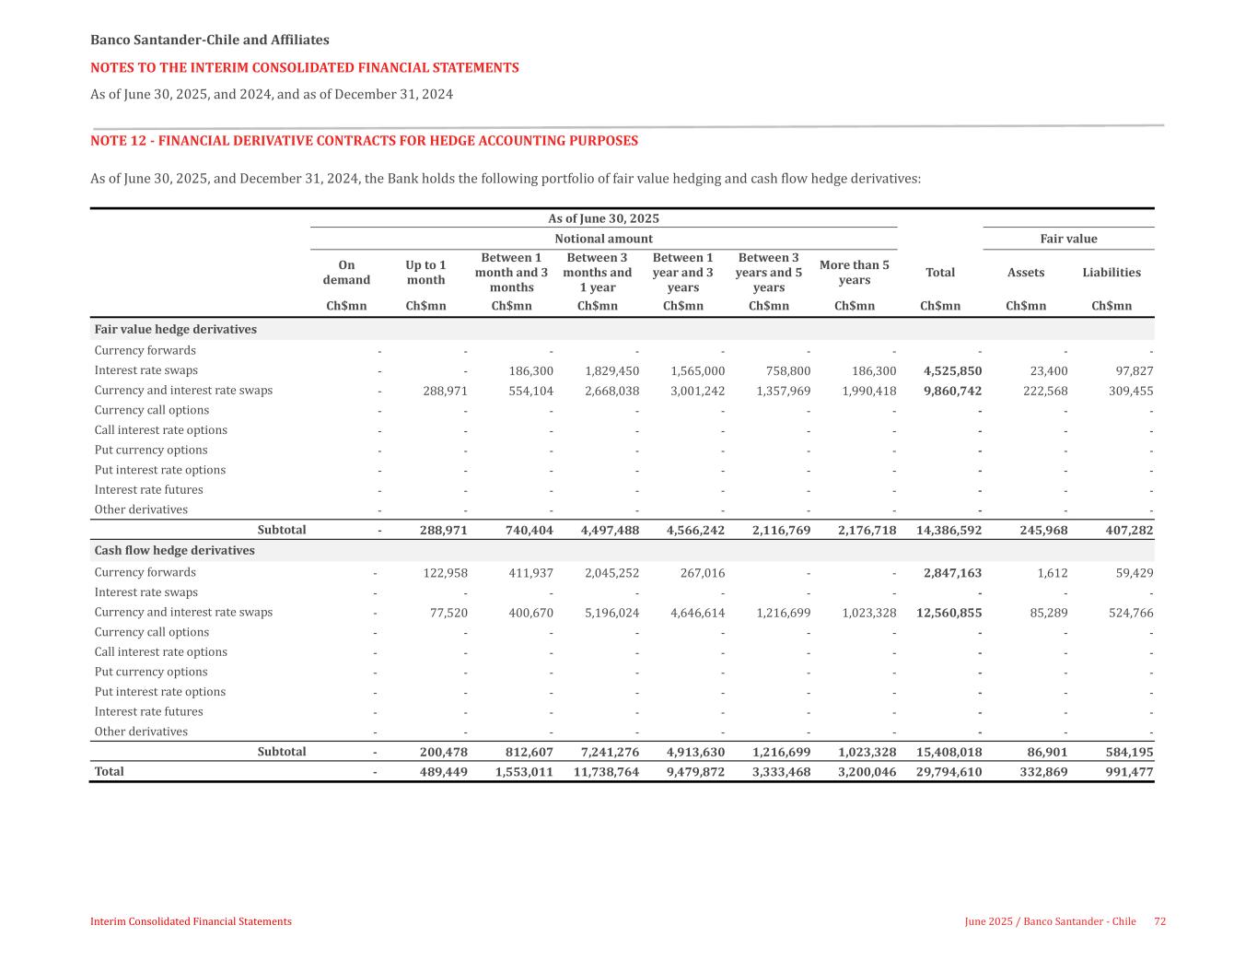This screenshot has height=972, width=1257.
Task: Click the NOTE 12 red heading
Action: pos(364,141)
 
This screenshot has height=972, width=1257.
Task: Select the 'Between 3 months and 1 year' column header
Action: pos(597,273)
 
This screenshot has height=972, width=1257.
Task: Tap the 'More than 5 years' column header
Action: pos(854,273)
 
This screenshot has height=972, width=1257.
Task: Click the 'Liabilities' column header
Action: pos(1112,273)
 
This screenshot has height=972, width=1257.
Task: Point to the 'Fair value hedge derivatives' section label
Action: pos(175,330)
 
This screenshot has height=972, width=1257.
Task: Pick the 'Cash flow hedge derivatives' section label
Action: pos(174,551)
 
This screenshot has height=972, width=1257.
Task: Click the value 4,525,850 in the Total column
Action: pos(952,371)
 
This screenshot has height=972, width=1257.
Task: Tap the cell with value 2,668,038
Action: pos(611,391)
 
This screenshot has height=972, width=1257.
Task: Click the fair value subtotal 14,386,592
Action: pos(949,531)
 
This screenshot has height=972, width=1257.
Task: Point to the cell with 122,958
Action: pos(445,573)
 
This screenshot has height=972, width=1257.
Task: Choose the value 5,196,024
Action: pos(611,613)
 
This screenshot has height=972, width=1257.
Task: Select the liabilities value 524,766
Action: pos(1128,613)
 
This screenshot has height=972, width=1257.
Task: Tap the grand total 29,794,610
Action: pos(949,772)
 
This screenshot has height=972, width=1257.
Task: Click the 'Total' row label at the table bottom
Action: pos(109,772)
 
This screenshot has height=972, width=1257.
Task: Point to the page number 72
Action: pos(1160,921)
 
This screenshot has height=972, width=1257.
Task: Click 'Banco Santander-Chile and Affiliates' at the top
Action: pos(209,41)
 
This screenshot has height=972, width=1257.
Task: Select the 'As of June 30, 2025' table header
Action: pos(603,219)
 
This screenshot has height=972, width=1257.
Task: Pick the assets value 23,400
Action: pos(1048,371)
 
